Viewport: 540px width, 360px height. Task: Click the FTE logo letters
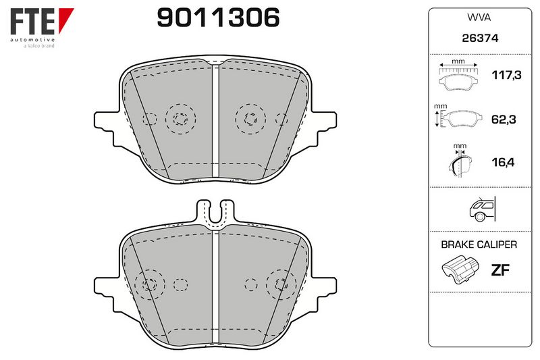pyautogui.click(x=32, y=22)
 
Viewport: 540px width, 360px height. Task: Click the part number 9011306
pyautogui.click(x=218, y=18)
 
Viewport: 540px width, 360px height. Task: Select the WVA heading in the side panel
pyautogui.click(x=479, y=18)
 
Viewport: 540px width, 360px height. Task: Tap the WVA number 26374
pyautogui.click(x=480, y=38)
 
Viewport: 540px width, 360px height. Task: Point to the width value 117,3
pyautogui.click(x=506, y=75)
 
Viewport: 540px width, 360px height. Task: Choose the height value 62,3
pyautogui.click(x=503, y=119)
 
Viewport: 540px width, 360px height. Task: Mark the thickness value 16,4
pyautogui.click(x=503, y=162)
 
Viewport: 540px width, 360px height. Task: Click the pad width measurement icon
pyautogui.click(x=458, y=75)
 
